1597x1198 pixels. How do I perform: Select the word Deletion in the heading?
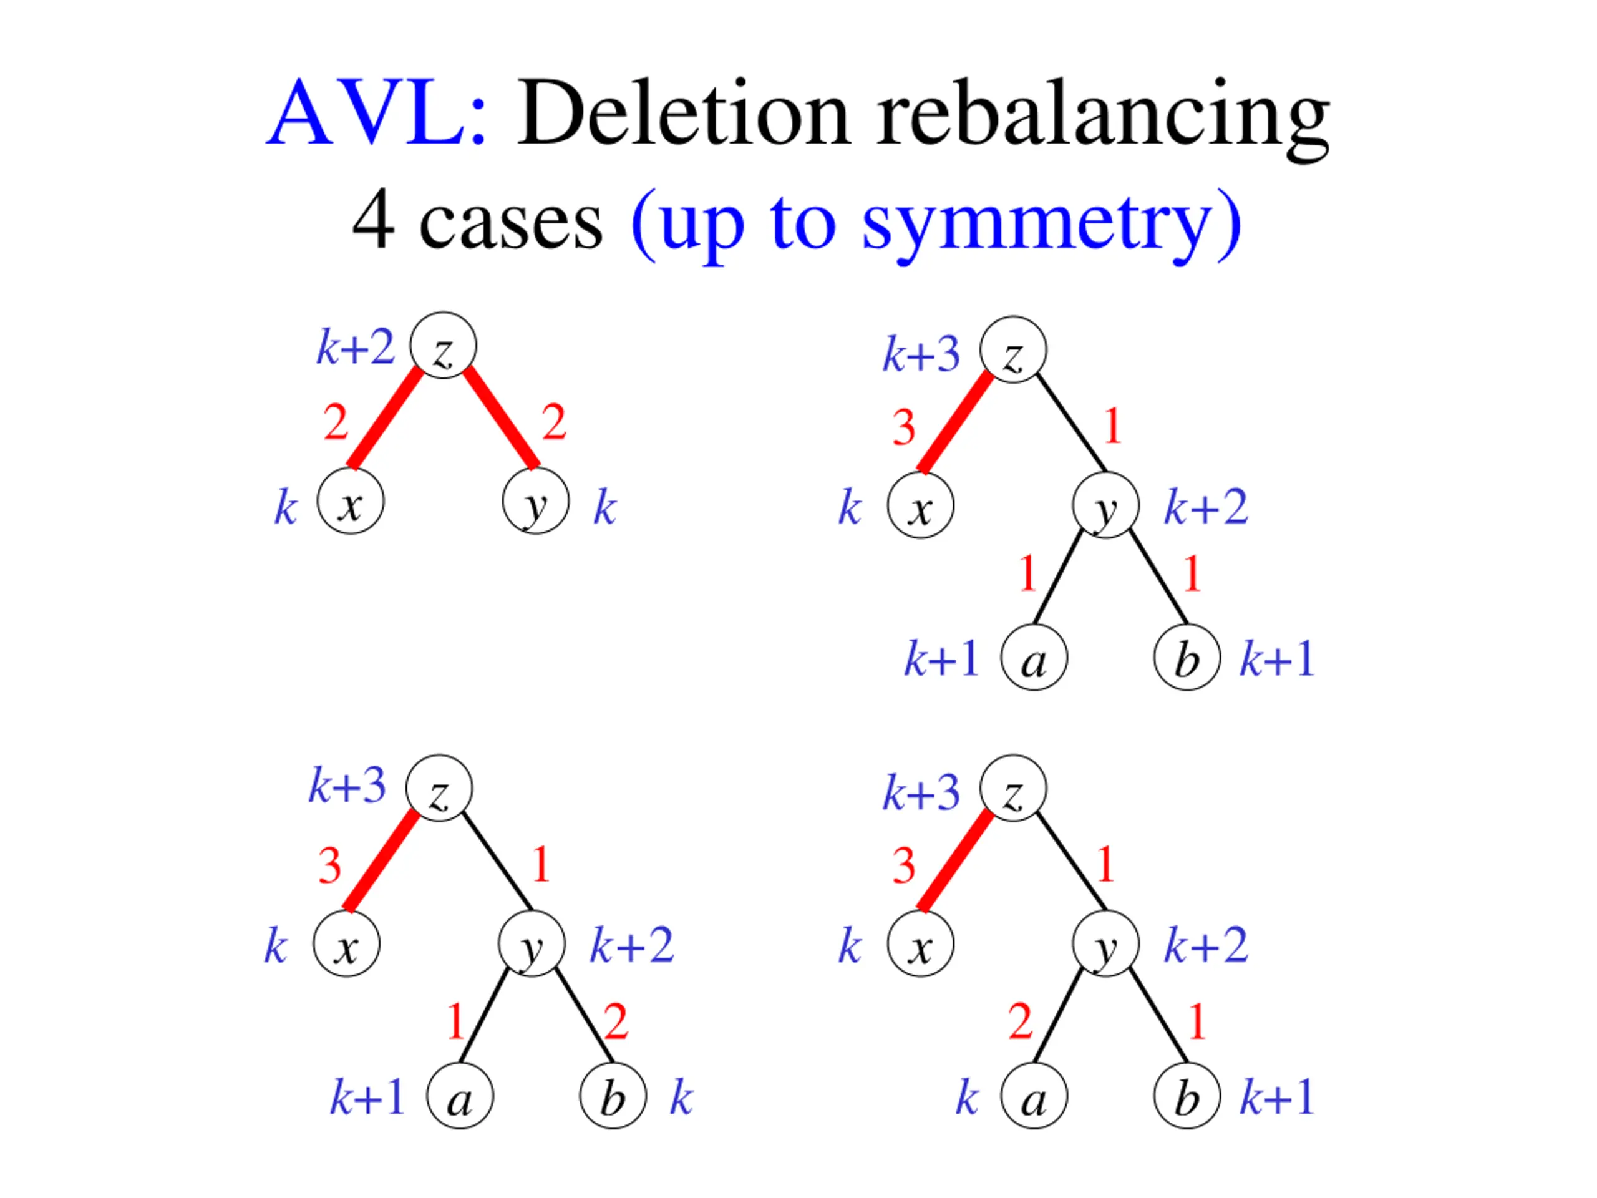[x=683, y=114]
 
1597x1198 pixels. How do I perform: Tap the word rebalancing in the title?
[x=1102, y=115]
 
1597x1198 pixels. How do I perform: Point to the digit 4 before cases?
[x=373, y=220]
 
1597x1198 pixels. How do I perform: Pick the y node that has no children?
[x=535, y=501]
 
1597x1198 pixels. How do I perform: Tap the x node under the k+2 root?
[x=351, y=501]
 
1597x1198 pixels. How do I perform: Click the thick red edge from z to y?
[x=501, y=417]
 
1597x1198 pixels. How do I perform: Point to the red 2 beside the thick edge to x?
[x=336, y=422]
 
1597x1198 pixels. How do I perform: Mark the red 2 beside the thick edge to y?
[x=554, y=422]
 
